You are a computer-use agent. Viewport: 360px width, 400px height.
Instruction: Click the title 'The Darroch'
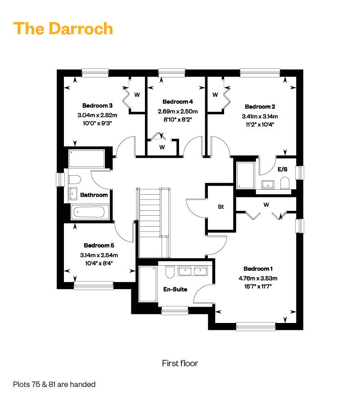[x=63, y=28]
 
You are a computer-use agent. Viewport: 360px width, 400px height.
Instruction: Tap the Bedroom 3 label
[x=97, y=105]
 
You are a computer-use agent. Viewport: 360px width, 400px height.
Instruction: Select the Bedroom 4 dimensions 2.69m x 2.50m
[x=178, y=111]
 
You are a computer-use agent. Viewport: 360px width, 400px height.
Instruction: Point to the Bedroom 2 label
[x=260, y=107]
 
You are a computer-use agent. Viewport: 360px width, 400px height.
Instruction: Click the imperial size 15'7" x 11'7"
[x=258, y=286]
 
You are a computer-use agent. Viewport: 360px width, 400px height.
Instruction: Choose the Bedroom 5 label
[x=99, y=245]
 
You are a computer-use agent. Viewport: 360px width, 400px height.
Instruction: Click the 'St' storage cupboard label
[x=220, y=207]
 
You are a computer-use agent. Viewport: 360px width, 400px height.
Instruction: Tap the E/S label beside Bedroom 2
[x=282, y=169]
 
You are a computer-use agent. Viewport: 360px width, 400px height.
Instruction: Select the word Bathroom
[x=94, y=195]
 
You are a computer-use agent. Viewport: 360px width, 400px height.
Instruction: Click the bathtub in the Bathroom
[x=89, y=212]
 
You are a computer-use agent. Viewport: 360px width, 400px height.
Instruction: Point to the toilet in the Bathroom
[x=74, y=180]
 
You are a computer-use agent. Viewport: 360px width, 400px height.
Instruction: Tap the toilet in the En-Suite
[x=170, y=272]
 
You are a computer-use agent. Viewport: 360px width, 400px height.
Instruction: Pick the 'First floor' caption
[x=180, y=363]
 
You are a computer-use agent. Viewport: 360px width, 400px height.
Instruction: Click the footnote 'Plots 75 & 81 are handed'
[x=54, y=384]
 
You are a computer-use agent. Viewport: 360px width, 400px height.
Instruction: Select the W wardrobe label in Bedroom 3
[x=137, y=95]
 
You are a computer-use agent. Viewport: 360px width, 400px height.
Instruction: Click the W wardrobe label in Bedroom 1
[x=266, y=205]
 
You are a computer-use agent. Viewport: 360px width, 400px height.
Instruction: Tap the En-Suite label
[x=175, y=289]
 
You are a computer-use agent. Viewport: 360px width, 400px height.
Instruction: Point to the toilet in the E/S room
[x=284, y=183]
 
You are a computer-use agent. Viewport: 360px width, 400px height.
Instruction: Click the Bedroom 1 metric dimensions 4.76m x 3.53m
[x=258, y=278]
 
